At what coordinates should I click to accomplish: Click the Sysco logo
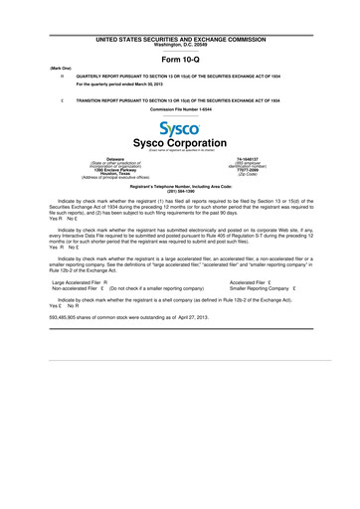coord(179,130)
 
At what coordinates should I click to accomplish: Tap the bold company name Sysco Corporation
coord(179,144)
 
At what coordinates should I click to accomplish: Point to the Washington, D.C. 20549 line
coord(179,45)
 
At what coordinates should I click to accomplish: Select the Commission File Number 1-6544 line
coord(179,109)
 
